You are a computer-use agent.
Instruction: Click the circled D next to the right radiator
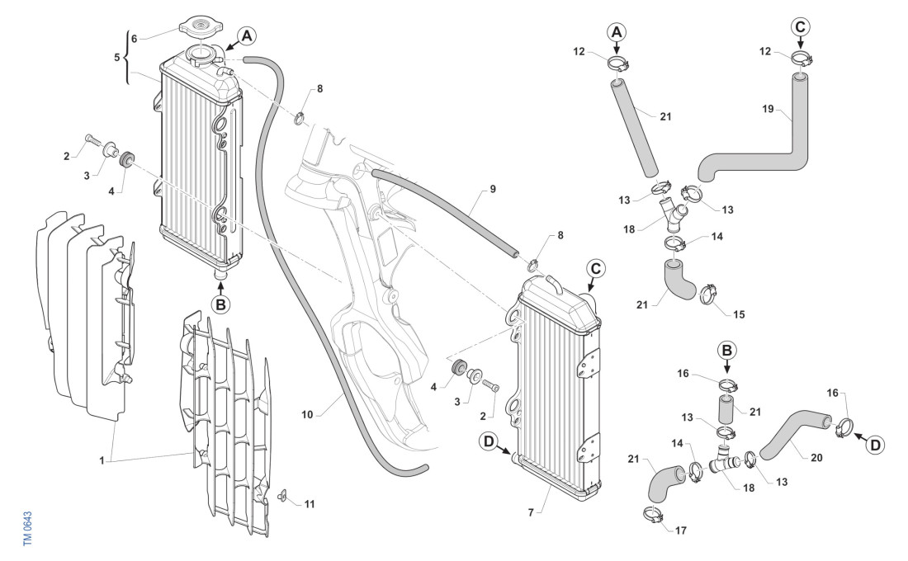coord(490,443)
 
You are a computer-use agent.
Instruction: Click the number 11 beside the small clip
coord(310,502)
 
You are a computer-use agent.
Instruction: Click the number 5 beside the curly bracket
coord(117,58)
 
